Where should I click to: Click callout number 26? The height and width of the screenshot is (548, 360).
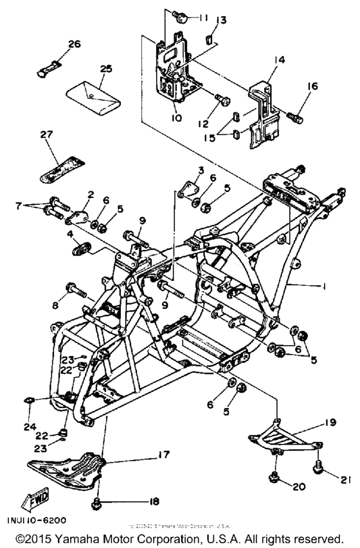pos(75,44)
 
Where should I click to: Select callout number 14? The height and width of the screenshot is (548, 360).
pos(278,61)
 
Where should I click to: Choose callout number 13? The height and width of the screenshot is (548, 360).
pos(220,21)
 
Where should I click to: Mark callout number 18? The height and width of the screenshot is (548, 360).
pos(154,501)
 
